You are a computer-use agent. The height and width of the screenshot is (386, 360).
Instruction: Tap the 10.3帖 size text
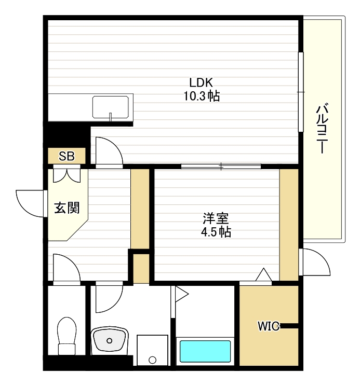pos(201,96)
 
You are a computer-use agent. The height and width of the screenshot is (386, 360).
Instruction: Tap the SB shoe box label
pos(66,156)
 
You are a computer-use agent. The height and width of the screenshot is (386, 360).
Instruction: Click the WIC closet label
pos(269,326)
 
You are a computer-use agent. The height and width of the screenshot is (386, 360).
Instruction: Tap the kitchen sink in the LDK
pos(111,107)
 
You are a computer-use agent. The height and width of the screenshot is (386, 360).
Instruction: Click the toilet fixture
pos(66,335)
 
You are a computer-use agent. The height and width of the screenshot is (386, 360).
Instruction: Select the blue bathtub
pos(205,351)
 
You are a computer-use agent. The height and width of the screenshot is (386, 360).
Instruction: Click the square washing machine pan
pos(152,351)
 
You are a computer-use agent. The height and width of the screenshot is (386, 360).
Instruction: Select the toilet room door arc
pos(66,268)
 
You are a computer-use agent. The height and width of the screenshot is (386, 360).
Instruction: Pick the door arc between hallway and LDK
pos(109,151)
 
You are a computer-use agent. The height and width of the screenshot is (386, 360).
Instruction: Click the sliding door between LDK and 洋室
pos(221,167)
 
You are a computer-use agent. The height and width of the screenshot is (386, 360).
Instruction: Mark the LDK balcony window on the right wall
pos(300,92)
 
